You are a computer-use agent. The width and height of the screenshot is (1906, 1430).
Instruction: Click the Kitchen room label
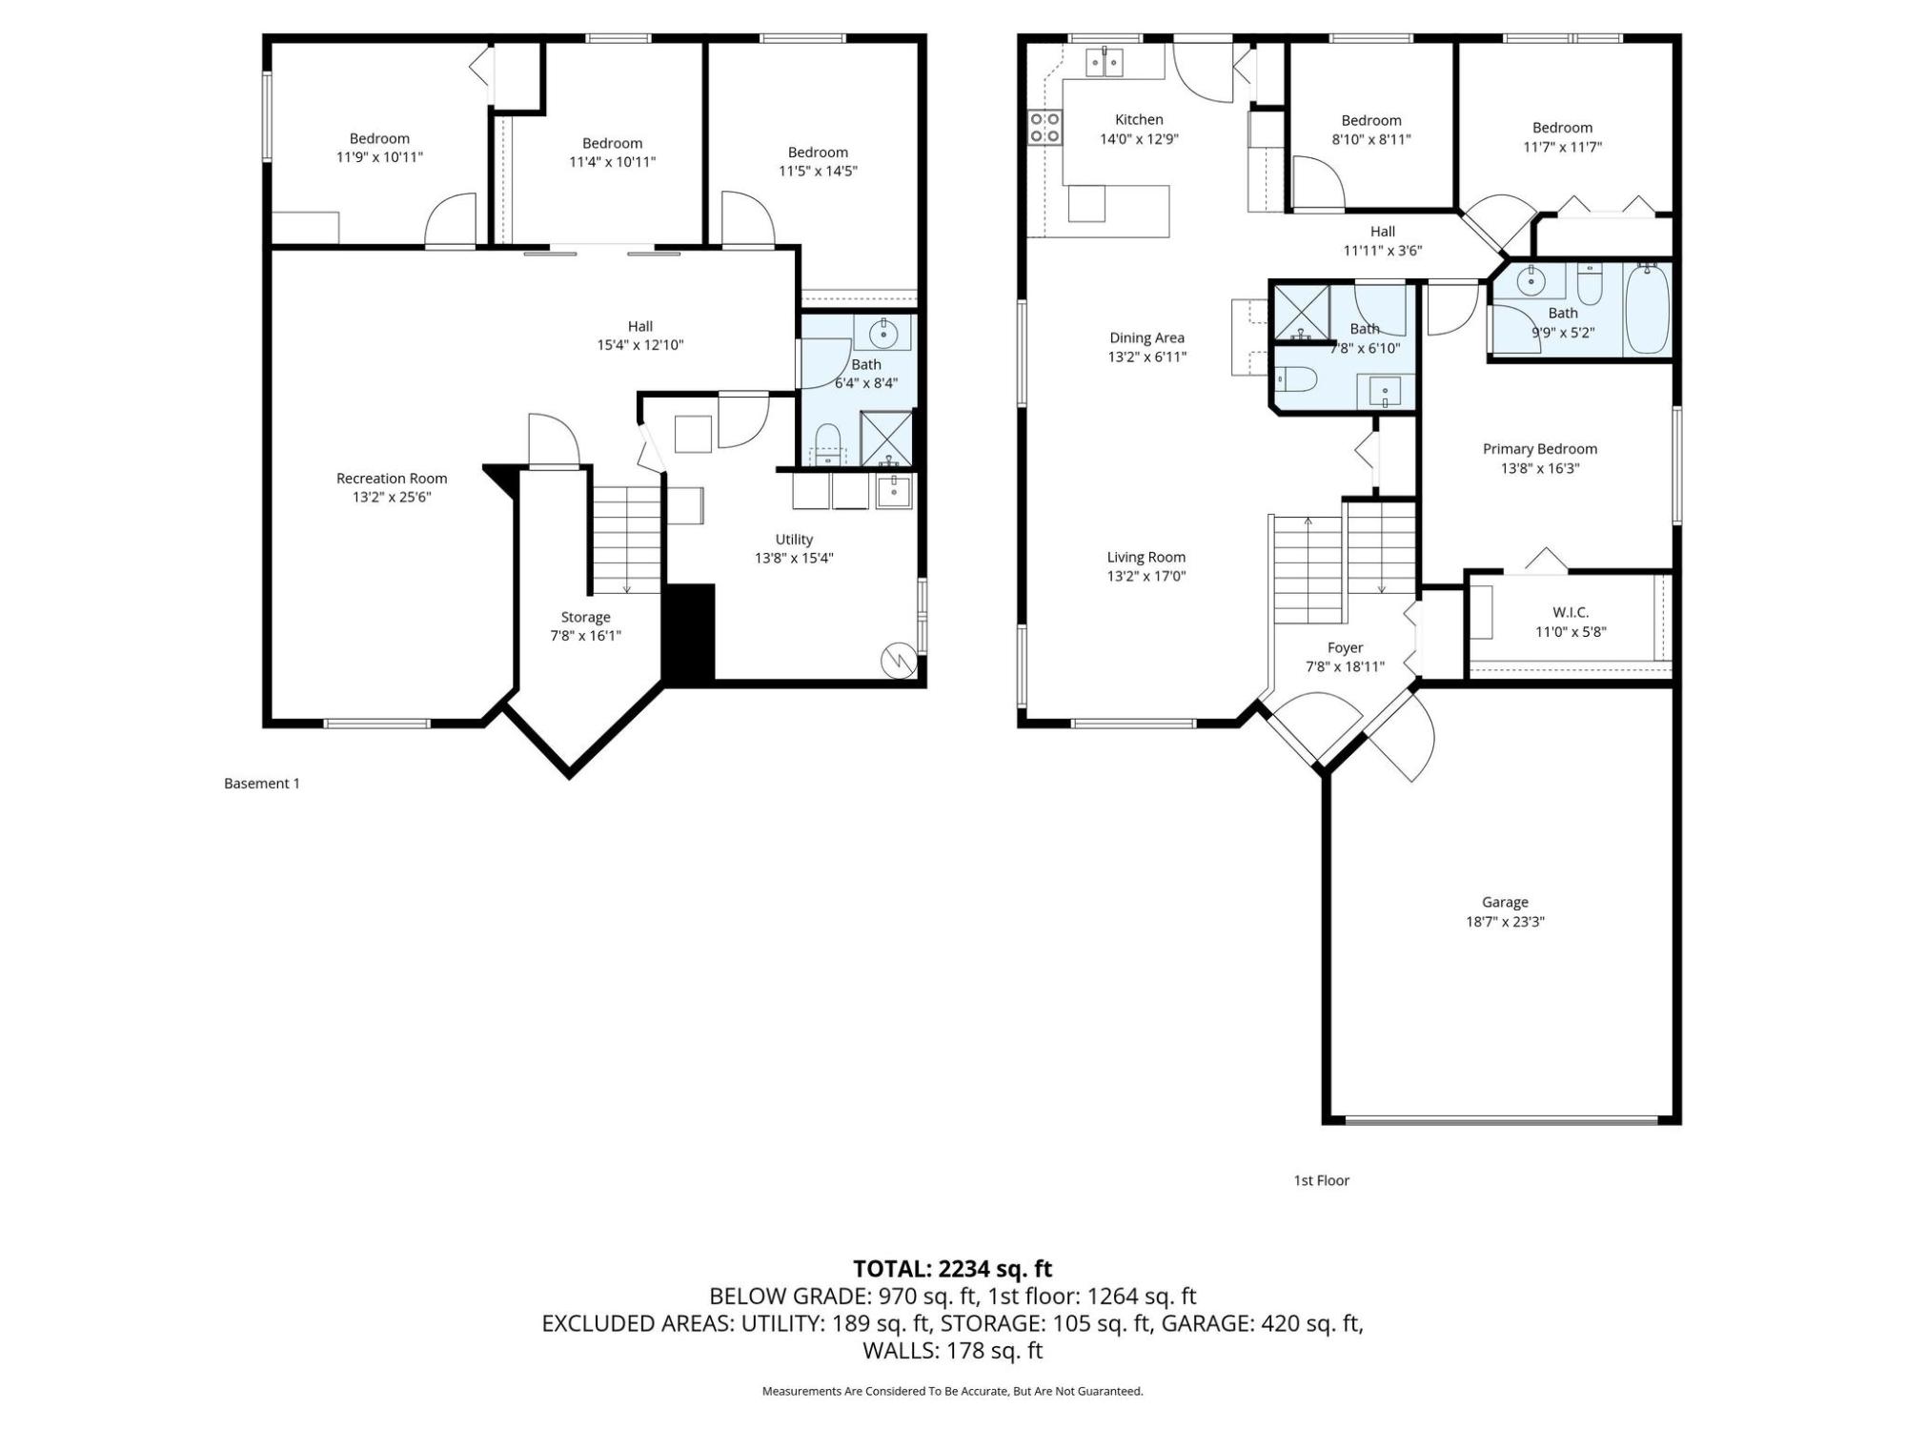(x=1139, y=119)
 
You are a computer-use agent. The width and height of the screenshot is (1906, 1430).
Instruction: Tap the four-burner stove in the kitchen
(x=1044, y=128)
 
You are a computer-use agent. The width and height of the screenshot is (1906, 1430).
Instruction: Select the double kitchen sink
(x=1105, y=62)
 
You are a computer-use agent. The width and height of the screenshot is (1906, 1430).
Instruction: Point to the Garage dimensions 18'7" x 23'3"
(x=1505, y=922)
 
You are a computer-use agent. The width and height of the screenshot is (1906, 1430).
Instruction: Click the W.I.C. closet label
(x=1571, y=612)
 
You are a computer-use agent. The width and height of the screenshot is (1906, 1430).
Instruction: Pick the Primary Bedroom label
(x=1540, y=449)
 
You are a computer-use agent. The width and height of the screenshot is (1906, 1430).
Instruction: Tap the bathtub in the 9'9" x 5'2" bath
(x=1647, y=309)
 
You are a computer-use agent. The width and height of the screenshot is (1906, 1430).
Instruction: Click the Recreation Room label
(x=392, y=479)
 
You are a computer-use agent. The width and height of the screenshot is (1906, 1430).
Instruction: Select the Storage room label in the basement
(x=585, y=617)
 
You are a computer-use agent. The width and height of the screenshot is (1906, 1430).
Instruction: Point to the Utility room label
(x=794, y=540)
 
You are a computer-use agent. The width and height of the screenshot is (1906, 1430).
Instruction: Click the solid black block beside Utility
(x=688, y=633)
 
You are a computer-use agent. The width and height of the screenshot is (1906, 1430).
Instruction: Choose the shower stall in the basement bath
(x=886, y=439)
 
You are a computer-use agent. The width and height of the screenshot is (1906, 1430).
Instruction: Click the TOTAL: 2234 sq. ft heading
(x=952, y=1269)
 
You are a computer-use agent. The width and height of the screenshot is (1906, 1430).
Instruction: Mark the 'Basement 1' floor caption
(x=262, y=784)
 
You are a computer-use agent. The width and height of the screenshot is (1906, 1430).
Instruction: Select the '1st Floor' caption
(x=1321, y=1180)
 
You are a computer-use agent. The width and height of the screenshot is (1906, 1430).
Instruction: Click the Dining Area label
(x=1146, y=337)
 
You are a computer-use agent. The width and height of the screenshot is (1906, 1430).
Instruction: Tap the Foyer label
(x=1345, y=648)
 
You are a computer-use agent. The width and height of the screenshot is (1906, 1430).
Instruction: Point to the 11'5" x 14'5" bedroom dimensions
(x=818, y=172)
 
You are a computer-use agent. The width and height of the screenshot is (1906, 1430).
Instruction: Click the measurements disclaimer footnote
(x=952, y=1392)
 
